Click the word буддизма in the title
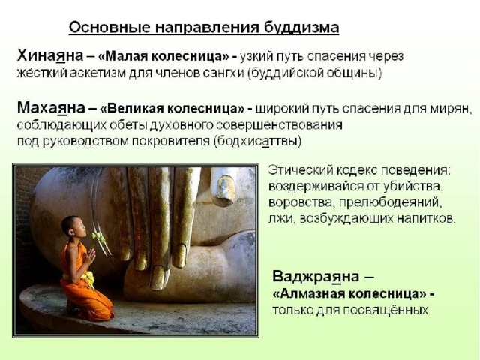click(301, 27)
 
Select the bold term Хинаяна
click(50, 56)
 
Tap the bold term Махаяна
click(51, 108)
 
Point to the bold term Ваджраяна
click(316, 277)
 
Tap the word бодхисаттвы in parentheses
click(257, 141)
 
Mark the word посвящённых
click(385, 310)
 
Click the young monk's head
click(71, 226)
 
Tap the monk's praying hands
click(91, 254)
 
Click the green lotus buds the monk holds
click(97, 235)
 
